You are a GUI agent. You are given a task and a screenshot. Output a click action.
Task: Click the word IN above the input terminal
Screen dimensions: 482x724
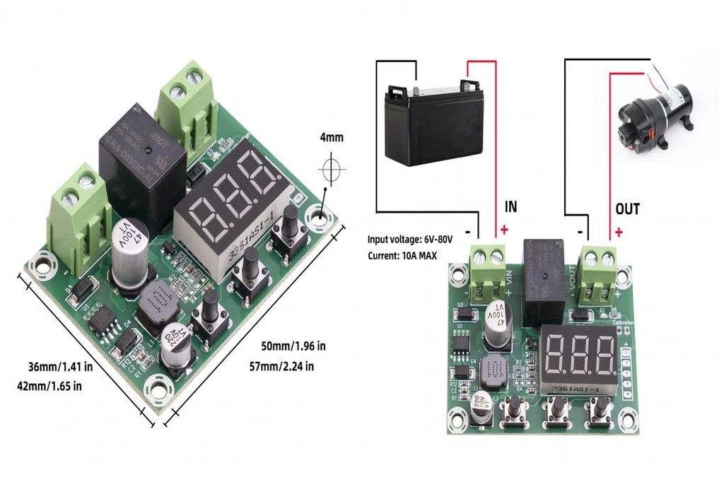(510, 207)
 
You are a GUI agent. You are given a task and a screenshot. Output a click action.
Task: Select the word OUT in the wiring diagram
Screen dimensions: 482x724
(627, 208)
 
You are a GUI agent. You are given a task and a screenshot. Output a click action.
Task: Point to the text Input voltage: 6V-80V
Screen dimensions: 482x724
(409, 240)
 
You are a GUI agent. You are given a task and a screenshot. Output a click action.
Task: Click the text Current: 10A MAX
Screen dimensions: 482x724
(402, 255)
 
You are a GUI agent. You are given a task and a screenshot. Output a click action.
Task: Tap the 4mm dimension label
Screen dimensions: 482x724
(331, 138)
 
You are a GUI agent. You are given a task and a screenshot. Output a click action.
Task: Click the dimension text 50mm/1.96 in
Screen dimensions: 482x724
(293, 346)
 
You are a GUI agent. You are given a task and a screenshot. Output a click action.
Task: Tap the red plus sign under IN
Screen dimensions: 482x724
(504, 230)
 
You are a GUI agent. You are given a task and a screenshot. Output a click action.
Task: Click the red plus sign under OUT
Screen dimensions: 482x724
(619, 231)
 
